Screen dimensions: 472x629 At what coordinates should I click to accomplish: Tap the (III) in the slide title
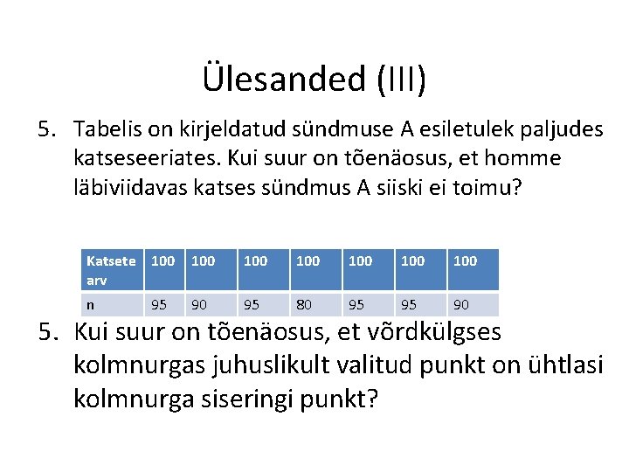point(403,79)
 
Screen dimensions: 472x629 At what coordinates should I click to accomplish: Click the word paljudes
point(560,130)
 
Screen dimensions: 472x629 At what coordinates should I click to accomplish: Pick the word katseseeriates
point(145,159)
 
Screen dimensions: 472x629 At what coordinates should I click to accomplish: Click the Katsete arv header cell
point(111,268)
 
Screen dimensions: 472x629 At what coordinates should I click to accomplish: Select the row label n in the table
point(91,304)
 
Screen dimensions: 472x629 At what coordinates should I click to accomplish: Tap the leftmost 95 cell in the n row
point(159,304)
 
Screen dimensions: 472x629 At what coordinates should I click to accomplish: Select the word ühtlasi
point(562,364)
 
